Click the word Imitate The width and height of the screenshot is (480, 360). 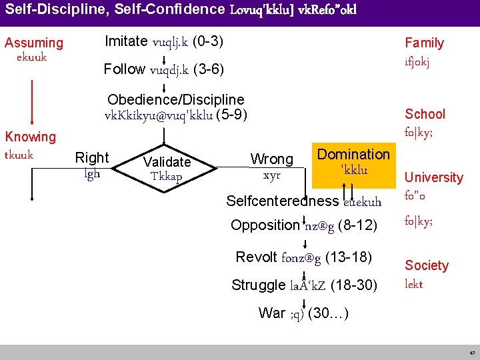[x=126, y=41]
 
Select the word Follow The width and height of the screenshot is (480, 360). [x=125, y=69]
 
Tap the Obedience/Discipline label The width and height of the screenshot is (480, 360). [x=175, y=99]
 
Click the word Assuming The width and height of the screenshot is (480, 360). [x=34, y=43]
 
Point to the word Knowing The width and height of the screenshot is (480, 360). [x=31, y=137]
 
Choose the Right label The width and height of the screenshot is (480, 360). [x=92, y=158]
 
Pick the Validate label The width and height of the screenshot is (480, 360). [x=167, y=161]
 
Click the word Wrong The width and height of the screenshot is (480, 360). [x=271, y=159]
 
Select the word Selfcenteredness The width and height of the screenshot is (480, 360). [x=282, y=201]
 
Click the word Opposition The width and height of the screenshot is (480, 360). [x=266, y=225]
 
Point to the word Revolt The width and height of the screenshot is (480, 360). [x=257, y=257]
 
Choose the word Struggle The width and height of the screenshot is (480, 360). [x=258, y=285]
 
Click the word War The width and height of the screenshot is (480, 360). [x=271, y=313]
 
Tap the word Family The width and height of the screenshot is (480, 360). [x=424, y=43]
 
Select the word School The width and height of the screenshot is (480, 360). [x=425, y=114]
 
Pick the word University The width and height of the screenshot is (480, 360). [x=433, y=177]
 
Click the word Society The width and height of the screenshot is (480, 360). [x=427, y=265]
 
